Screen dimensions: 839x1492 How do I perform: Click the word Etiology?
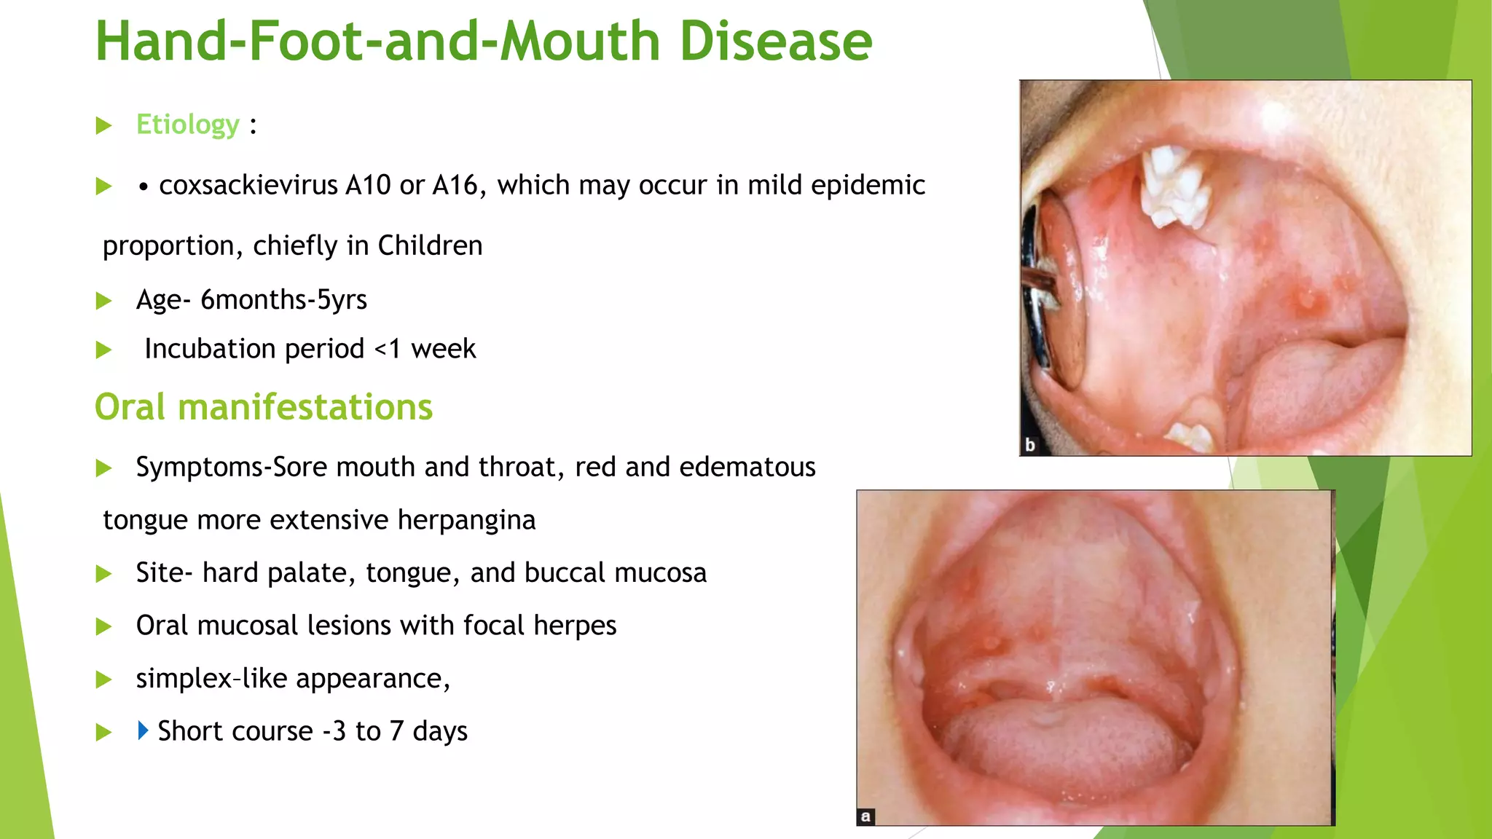(188, 125)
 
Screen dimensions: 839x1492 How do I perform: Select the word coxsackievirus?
(248, 186)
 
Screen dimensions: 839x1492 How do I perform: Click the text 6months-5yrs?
(283, 300)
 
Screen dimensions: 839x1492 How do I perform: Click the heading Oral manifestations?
(264, 407)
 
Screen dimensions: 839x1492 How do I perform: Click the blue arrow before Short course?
(143, 730)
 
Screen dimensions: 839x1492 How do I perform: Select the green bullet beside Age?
(104, 301)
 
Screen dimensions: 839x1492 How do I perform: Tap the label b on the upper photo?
(1030, 445)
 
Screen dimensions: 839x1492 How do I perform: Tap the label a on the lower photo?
(865, 816)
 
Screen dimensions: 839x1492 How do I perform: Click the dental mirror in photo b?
(1049, 291)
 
